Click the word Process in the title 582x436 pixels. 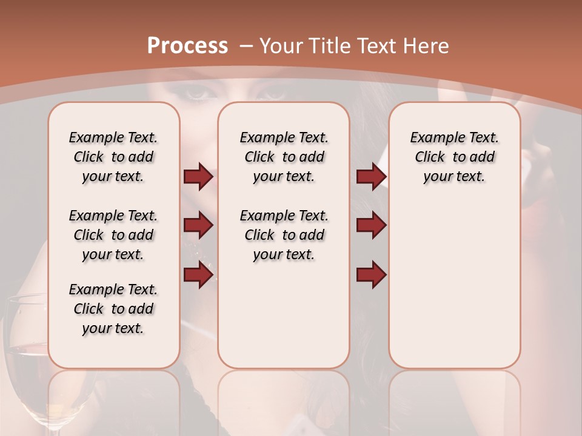(x=187, y=46)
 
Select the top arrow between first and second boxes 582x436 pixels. (x=198, y=176)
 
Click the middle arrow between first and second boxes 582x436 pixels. (x=198, y=226)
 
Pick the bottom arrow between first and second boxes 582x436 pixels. (x=198, y=274)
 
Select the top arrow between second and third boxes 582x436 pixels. (x=371, y=176)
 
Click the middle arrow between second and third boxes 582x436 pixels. (x=371, y=226)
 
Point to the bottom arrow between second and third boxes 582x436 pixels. (x=371, y=274)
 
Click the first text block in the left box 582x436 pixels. (x=113, y=157)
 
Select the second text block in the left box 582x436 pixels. (x=113, y=235)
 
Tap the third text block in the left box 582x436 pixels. (x=113, y=309)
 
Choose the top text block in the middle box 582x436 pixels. (x=284, y=157)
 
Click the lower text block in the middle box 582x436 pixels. (x=284, y=235)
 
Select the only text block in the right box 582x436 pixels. (x=454, y=157)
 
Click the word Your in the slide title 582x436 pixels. (x=282, y=46)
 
